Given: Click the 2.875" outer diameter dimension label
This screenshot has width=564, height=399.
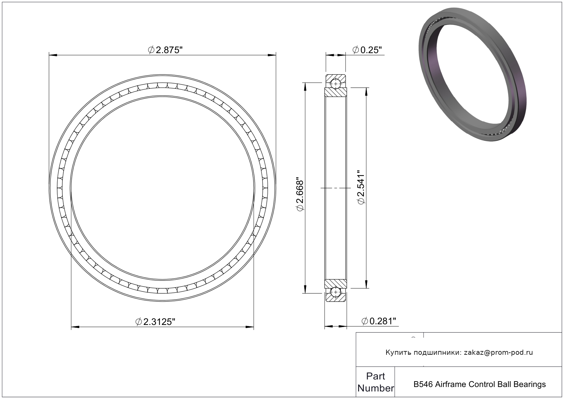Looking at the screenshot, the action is [x=165, y=50].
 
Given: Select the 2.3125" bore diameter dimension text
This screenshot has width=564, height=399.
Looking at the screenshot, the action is [x=155, y=322].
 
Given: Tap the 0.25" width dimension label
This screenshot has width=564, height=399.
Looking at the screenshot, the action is [x=367, y=50].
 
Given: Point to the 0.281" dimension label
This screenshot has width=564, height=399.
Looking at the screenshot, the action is [x=379, y=321].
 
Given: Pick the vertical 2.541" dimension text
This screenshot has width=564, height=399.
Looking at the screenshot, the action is [x=361, y=187].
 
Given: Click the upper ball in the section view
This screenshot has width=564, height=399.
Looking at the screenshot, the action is [x=336, y=84].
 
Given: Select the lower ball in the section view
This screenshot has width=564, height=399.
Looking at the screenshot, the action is [x=336, y=292].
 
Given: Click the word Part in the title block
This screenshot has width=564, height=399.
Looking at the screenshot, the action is [x=376, y=376].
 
